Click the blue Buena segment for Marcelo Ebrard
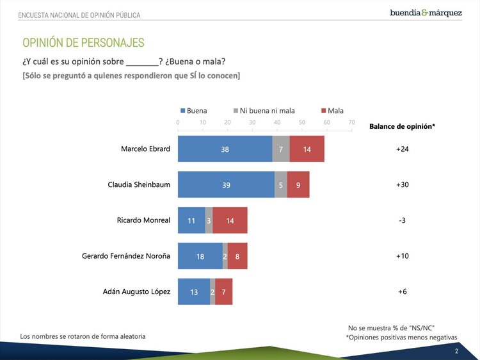click(225, 149)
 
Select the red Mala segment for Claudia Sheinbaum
click(298, 184)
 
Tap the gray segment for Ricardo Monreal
click(209, 220)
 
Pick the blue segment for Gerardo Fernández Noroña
click(200, 256)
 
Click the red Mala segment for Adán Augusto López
click(223, 291)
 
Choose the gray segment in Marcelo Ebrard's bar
click(281, 149)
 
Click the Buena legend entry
click(193, 111)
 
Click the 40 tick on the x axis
click(277, 122)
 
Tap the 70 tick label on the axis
click(351, 122)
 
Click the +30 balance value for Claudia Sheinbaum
click(402, 184)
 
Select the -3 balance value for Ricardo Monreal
click(402, 220)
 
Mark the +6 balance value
click(402, 291)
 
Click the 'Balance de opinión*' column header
click(402, 126)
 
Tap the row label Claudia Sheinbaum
click(139, 184)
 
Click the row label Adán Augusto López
click(136, 291)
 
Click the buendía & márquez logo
click(426, 13)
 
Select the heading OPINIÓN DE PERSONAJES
click(83, 43)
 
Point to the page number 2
click(456, 351)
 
